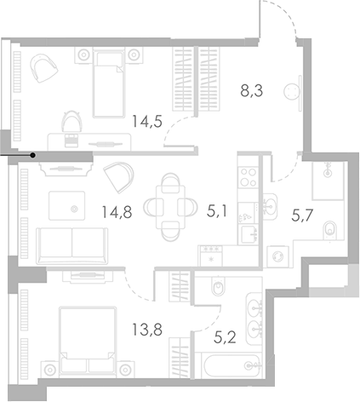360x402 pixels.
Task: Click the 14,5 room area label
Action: pos(146,122)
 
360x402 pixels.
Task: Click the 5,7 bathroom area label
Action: pos(303,217)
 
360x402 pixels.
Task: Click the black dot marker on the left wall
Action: pos(33,155)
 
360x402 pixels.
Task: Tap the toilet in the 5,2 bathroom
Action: pos(216,287)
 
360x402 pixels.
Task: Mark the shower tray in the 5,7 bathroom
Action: pos(328,180)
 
